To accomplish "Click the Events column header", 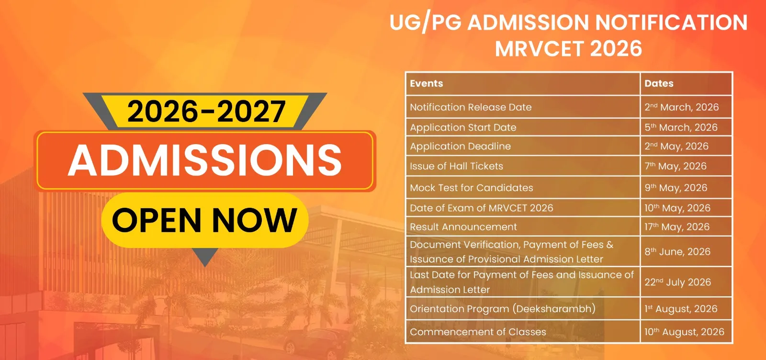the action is point(426,83).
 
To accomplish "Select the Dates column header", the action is point(659,83).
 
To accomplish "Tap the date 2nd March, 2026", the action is point(682,107).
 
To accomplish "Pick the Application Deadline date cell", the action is point(676,146).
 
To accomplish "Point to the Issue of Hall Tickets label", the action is point(457,166).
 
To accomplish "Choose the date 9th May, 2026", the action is point(676,188).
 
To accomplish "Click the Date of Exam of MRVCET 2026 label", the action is point(482,208).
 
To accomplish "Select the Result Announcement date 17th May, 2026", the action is point(677,226).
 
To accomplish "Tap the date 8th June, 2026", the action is point(677,252).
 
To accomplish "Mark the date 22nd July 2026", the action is point(678,282).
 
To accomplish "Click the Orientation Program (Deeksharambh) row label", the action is point(503,309).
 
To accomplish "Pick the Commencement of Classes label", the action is point(478,332).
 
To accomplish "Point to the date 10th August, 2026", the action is point(684,332).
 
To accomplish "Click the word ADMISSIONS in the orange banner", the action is point(205,160).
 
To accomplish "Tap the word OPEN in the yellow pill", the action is point(157,220).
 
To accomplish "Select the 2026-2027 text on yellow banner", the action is point(206,111).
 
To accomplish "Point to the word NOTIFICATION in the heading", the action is point(671,22).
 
